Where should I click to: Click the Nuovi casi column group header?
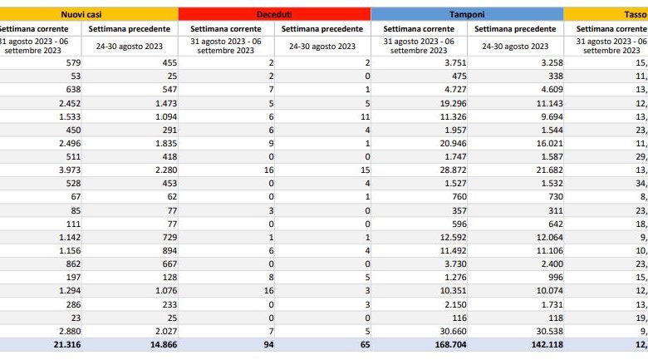89,14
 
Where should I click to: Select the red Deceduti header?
274,14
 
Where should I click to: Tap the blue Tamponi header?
467,14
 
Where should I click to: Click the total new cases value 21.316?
61,345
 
